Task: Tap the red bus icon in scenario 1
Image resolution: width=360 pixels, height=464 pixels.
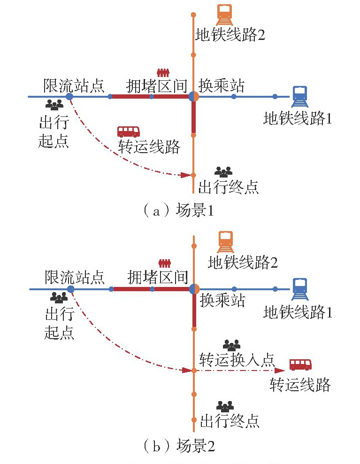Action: pyautogui.click(x=128, y=131)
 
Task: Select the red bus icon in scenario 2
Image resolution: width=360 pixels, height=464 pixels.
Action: pyautogui.click(x=300, y=364)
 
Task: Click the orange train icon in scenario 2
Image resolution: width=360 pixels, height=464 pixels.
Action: pyautogui.click(x=225, y=242)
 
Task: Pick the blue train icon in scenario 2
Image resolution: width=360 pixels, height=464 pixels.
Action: pyautogui.click(x=299, y=289)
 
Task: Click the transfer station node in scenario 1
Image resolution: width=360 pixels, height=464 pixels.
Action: pyautogui.click(x=193, y=97)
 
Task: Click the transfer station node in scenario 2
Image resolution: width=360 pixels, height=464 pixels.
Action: pyautogui.click(x=194, y=289)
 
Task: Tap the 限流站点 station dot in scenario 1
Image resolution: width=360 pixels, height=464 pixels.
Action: pyautogui.click(x=69, y=97)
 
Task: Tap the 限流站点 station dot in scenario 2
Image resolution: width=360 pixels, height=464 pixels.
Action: pyautogui.click(x=70, y=289)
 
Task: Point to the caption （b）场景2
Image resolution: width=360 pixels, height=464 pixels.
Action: pyautogui.click(x=178, y=445)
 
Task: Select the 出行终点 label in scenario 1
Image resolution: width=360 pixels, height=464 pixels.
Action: pyautogui.click(x=229, y=187)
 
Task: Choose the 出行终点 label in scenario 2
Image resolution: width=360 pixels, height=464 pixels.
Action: pyautogui.click(x=230, y=420)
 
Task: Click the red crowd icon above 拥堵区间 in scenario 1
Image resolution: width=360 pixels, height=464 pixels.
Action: pyautogui.click(x=162, y=73)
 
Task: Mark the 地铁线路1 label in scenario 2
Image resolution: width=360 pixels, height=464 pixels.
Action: pyautogui.click(x=298, y=311)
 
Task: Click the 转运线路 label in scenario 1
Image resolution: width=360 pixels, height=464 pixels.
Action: pyautogui.click(x=149, y=147)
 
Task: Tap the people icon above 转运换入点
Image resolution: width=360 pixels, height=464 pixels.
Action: pyautogui.click(x=231, y=345)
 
